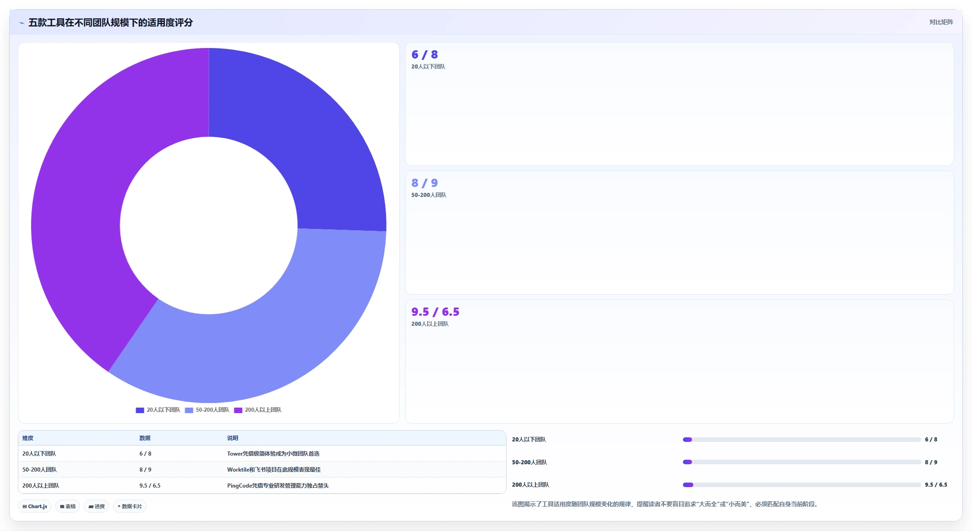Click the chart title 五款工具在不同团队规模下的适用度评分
point(111,22)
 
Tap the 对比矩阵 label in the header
point(941,22)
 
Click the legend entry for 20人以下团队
point(158,410)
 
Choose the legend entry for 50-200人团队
point(207,410)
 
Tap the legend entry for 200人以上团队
point(258,410)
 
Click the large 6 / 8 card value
point(424,54)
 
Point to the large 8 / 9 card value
point(424,183)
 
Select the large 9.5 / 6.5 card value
point(435,312)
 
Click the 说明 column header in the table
point(232,438)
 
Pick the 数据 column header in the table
point(145,438)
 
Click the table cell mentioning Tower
point(273,454)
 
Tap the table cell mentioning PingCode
point(278,485)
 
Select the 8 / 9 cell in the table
point(145,469)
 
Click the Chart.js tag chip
point(35,506)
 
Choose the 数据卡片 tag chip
point(130,506)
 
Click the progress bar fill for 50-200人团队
point(687,462)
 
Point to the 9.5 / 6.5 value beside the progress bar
point(936,485)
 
